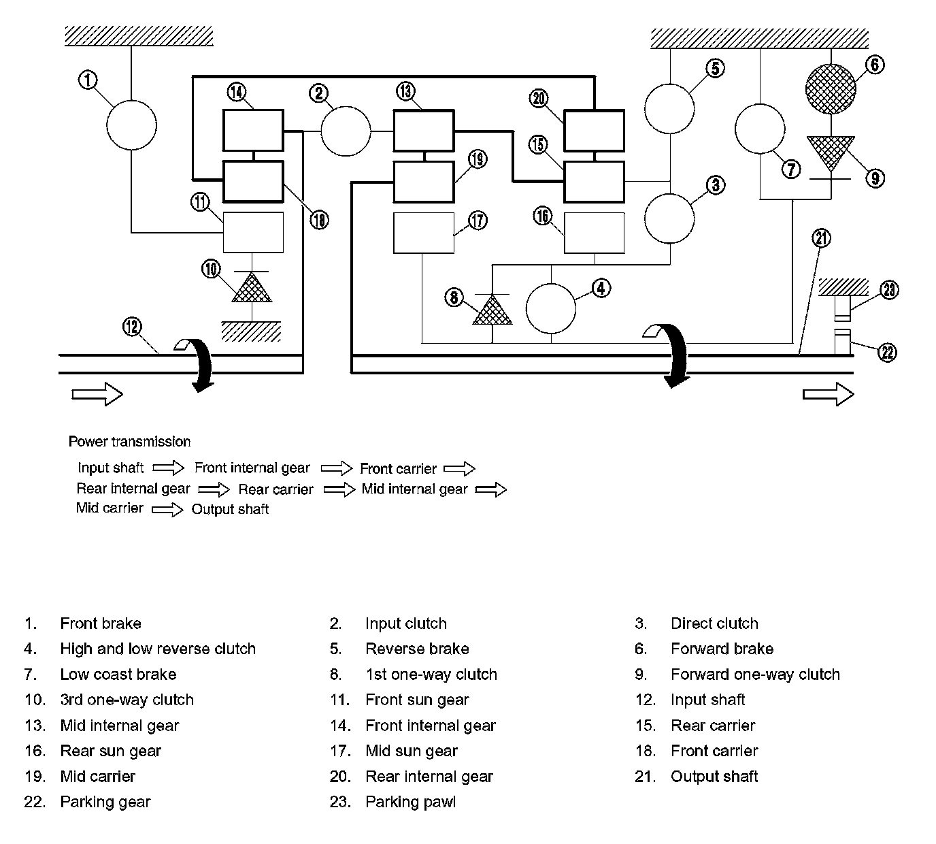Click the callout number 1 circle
pos(88,80)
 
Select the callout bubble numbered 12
pos(132,327)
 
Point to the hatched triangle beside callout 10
pos(252,287)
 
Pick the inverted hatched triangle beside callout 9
pos(831,153)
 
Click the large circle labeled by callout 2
pos(346,130)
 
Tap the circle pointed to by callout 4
pos(551,308)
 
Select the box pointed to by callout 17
pos(424,233)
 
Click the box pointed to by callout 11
pos(253,232)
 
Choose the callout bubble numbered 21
pos(822,238)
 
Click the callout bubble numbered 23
pos(889,291)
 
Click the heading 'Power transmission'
pos(129,442)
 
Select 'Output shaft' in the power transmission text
pos(230,509)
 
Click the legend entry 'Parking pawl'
pos(410,802)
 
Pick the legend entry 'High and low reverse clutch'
pos(158,649)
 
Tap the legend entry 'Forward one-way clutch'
pos(755,675)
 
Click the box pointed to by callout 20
pos(594,130)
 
